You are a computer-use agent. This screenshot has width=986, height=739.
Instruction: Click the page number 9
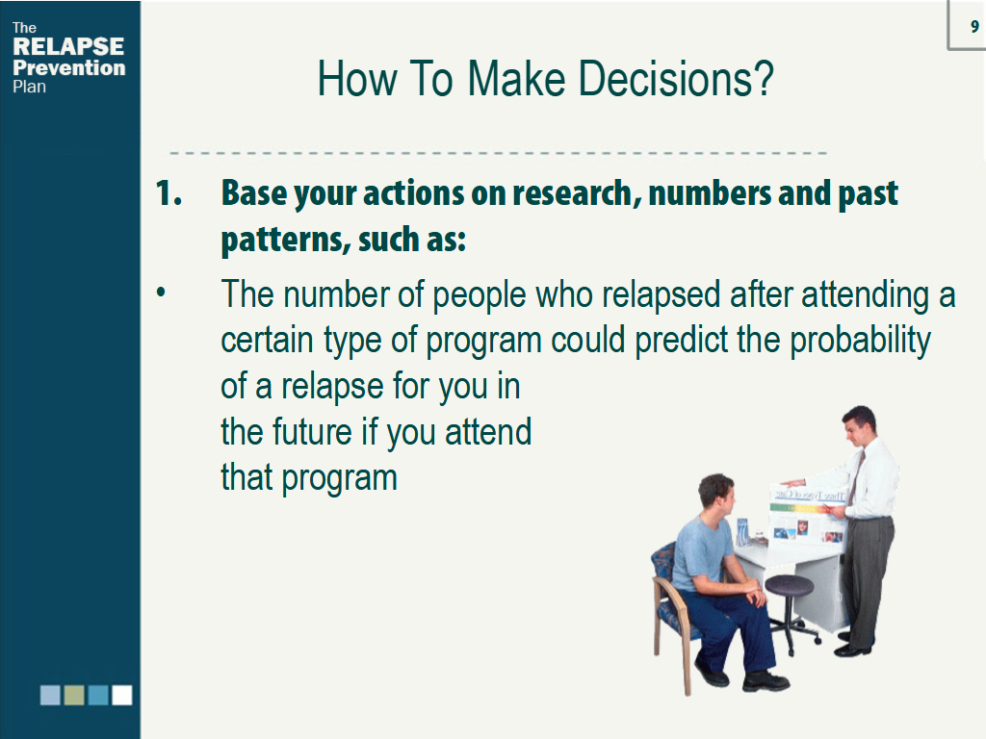pos(974,26)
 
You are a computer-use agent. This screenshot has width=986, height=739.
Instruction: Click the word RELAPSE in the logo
pos(68,46)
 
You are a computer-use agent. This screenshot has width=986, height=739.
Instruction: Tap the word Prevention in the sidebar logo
pos(69,68)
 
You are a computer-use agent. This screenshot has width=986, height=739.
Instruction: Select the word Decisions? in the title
pos(675,79)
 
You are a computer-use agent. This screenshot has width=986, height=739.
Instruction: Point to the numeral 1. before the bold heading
pos(169,192)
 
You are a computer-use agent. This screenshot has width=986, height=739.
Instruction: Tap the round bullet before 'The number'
pos(162,293)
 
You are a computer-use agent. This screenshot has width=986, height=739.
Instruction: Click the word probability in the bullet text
pos(860,342)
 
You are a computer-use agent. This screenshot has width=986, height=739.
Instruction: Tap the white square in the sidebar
pos(122,695)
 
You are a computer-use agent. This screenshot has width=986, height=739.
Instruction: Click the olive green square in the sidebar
pos(74,695)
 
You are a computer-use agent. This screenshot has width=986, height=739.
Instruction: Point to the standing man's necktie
pos(857,475)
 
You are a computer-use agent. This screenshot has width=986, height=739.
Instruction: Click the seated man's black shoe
pos(765,681)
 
